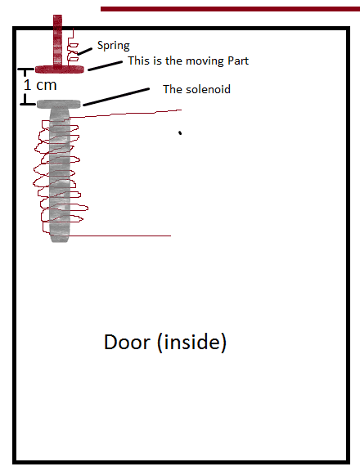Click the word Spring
[x=113, y=46]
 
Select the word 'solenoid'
[x=209, y=89]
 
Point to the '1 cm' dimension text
[x=40, y=85]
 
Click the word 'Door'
[x=127, y=342]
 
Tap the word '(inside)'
[x=191, y=342]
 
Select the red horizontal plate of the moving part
[x=60, y=70]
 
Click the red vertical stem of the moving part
[x=58, y=40]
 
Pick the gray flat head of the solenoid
[x=59, y=104]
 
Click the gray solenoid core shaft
[x=60, y=175]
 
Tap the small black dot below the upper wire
[x=180, y=132]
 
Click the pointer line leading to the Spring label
[x=85, y=51]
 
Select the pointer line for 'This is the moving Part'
[x=106, y=66]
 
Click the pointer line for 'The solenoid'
[x=116, y=96]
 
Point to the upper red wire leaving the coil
[x=126, y=114]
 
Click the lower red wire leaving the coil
[x=119, y=235]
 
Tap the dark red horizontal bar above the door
[x=230, y=9]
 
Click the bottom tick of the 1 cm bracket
[x=28, y=104]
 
